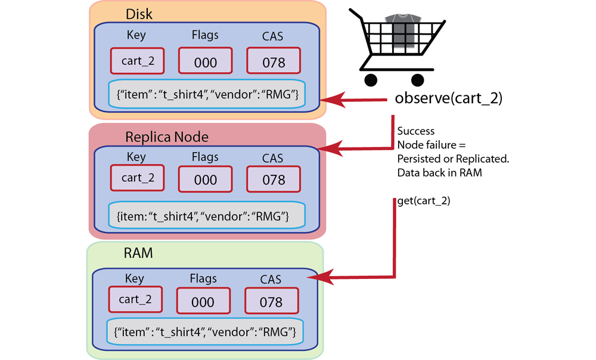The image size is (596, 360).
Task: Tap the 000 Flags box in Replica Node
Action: [206, 178]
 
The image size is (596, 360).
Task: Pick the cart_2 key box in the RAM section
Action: [136, 299]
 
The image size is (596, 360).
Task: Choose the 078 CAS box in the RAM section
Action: [271, 300]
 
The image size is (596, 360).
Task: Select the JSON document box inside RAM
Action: [209, 331]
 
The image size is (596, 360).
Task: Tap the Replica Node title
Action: [167, 136]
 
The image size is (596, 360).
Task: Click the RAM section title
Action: [138, 253]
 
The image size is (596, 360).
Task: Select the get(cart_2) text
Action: [424, 201]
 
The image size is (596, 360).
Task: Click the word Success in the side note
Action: [415, 131]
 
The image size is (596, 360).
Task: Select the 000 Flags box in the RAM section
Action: [203, 300]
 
